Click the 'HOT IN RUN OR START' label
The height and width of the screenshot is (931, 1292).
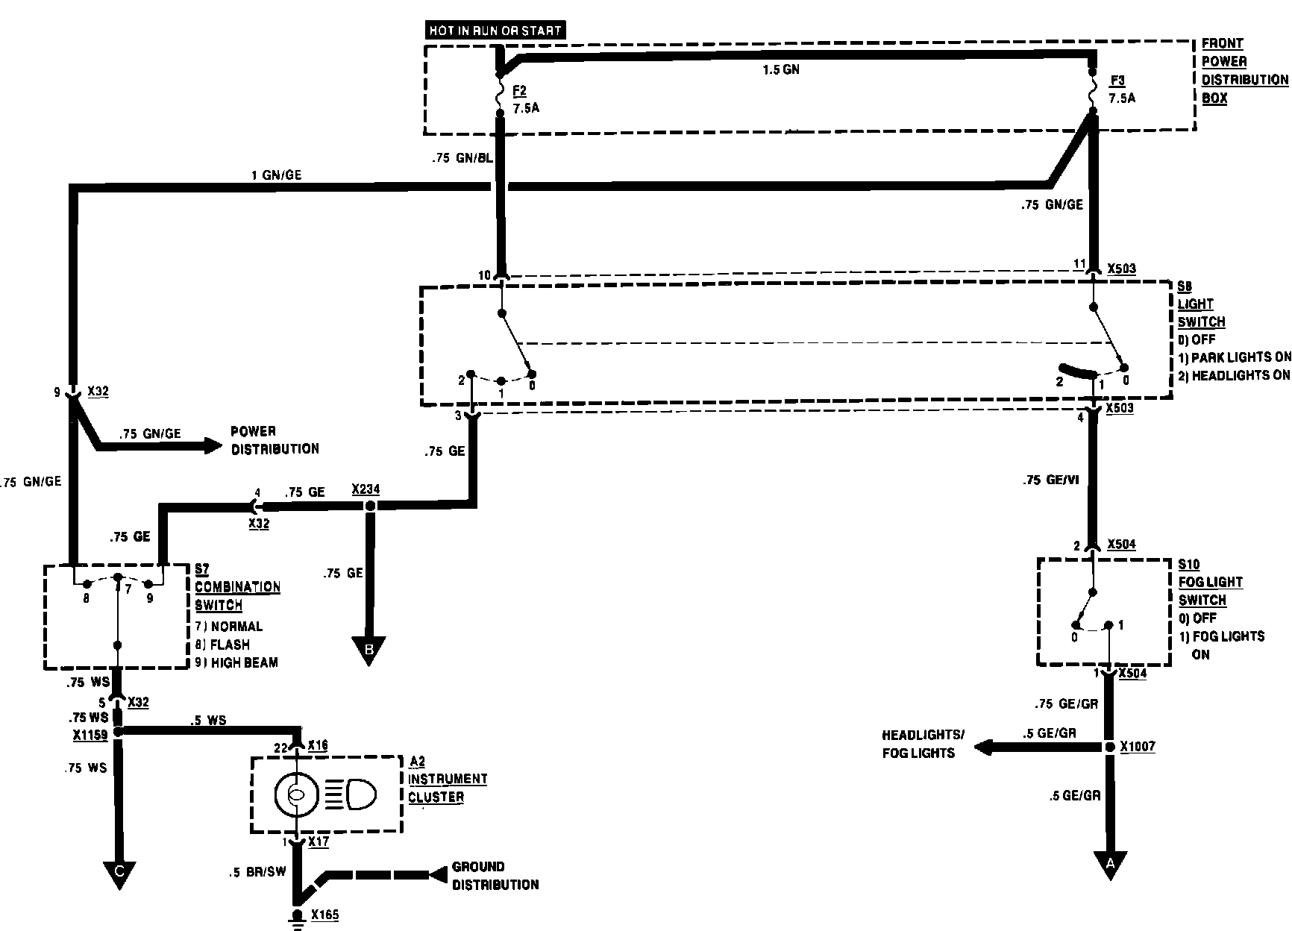coord(495,31)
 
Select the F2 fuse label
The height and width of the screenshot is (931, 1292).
coord(520,91)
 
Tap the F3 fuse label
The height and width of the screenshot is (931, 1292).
coord(1117,81)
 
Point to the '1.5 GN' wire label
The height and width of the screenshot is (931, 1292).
coord(781,70)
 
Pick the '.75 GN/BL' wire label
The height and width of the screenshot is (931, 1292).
coord(462,158)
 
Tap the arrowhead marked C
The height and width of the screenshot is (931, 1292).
coord(119,874)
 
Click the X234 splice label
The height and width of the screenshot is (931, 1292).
coord(366,489)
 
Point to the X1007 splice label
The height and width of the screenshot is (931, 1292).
coord(1138,747)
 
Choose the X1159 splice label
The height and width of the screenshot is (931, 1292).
coord(90,735)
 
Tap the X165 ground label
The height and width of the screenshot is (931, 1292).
coord(325,915)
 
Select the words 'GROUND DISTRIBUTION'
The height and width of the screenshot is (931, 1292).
coord(495,876)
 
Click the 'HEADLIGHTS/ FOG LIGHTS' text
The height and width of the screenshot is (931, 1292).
coord(923,744)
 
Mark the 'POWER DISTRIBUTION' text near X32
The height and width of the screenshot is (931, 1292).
coord(275,440)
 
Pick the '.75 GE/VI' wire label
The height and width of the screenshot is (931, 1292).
coord(1051,480)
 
